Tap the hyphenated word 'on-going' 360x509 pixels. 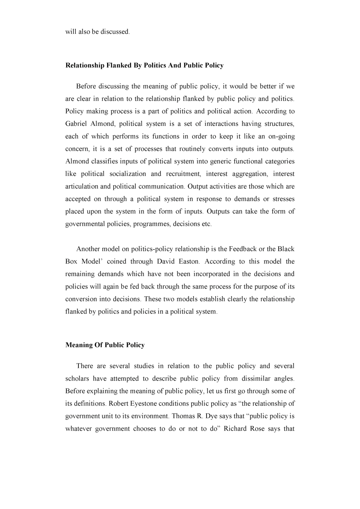(x=281, y=136)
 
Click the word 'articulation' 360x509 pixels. (x=82, y=186)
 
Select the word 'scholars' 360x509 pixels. (x=77, y=378)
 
